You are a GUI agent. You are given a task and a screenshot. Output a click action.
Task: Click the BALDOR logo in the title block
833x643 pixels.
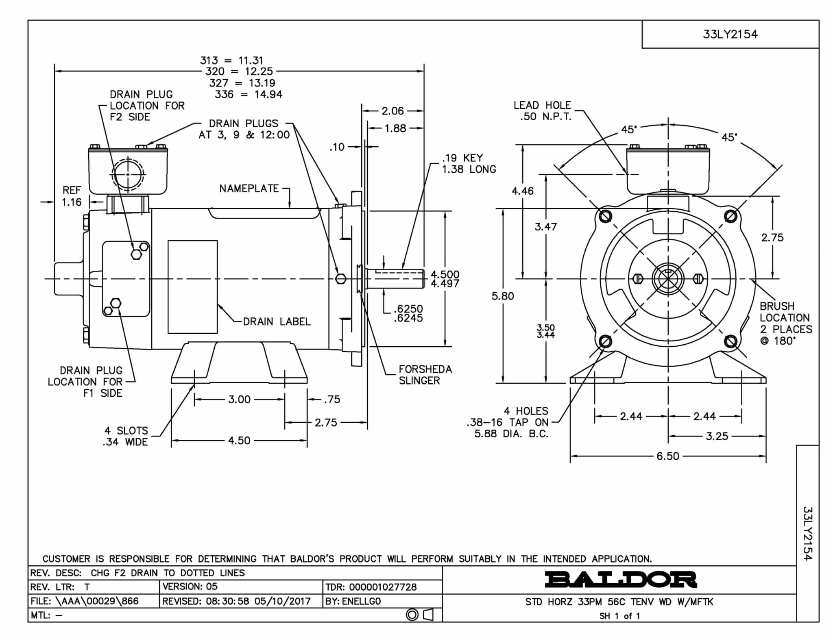(x=621, y=580)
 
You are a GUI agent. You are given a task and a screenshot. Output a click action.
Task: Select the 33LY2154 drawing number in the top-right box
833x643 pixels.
(x=730, y=34)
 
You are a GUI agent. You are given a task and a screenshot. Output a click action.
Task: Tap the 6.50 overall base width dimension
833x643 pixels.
(x=668, y=456)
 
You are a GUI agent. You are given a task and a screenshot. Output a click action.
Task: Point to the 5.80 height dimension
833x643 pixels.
(x=503, y=296)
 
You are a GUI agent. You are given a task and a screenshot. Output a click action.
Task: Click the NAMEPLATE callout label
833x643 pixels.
(x=249, y=189)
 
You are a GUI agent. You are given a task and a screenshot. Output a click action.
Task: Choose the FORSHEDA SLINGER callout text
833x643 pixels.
(x=425, y=375)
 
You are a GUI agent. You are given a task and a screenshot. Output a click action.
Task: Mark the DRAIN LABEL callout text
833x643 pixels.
(x=277, y=321)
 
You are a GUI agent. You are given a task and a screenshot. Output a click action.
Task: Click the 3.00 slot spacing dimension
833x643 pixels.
(x=239, y=399)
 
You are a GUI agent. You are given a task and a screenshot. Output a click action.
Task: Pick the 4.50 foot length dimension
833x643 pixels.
(x=239, y=441)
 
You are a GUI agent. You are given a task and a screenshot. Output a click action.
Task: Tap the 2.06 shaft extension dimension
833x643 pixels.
(x=393, y=111)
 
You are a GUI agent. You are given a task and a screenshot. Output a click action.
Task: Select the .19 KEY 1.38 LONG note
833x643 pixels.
(x=469, y=163)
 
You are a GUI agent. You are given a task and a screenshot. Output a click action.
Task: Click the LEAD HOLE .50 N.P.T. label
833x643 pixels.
(x=543, y=111)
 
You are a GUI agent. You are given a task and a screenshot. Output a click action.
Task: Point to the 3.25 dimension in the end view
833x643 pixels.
(x=717, y=436)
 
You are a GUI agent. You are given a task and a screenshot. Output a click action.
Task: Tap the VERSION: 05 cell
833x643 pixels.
(x=190, y=587)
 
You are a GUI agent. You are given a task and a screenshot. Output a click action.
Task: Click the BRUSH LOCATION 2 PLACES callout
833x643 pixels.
(x=785, y=323)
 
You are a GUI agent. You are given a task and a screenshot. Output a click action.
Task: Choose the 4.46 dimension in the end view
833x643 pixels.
(x=523, y=191)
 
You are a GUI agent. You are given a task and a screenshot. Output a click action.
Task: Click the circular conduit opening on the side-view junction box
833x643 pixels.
(x=128, y=174)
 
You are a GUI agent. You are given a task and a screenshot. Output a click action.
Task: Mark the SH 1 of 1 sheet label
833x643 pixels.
(x=619, y=616)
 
